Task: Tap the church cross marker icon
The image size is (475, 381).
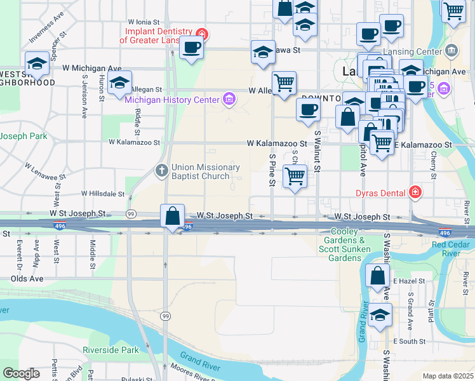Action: point(162,171)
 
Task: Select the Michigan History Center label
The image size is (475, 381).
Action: point(171,99)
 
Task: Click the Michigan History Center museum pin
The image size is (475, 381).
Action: point(229,99)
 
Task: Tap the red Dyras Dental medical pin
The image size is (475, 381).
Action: point(415,191)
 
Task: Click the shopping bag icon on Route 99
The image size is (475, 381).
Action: point(173,216)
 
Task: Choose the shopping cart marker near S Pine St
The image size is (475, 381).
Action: point(295,176)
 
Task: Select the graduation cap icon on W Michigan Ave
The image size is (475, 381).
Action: point(37,63)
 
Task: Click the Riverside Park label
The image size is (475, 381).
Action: point(110,350)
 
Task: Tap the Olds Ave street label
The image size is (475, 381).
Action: point(27,278)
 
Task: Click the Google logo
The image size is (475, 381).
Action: point(21,373)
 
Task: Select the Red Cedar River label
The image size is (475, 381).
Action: point(453,249)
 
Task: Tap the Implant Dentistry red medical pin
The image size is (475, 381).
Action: point(202,34)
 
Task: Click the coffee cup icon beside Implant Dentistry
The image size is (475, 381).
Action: point(191,46)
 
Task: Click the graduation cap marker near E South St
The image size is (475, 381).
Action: point(380,314)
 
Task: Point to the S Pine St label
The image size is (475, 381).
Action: point(272,168)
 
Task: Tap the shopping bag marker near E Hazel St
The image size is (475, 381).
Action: point(378,276)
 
